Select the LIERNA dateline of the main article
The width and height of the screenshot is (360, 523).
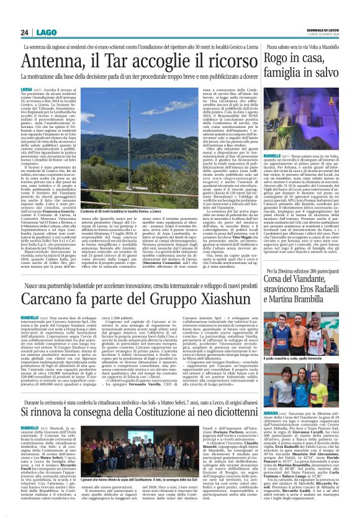(x=27, y=90)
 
